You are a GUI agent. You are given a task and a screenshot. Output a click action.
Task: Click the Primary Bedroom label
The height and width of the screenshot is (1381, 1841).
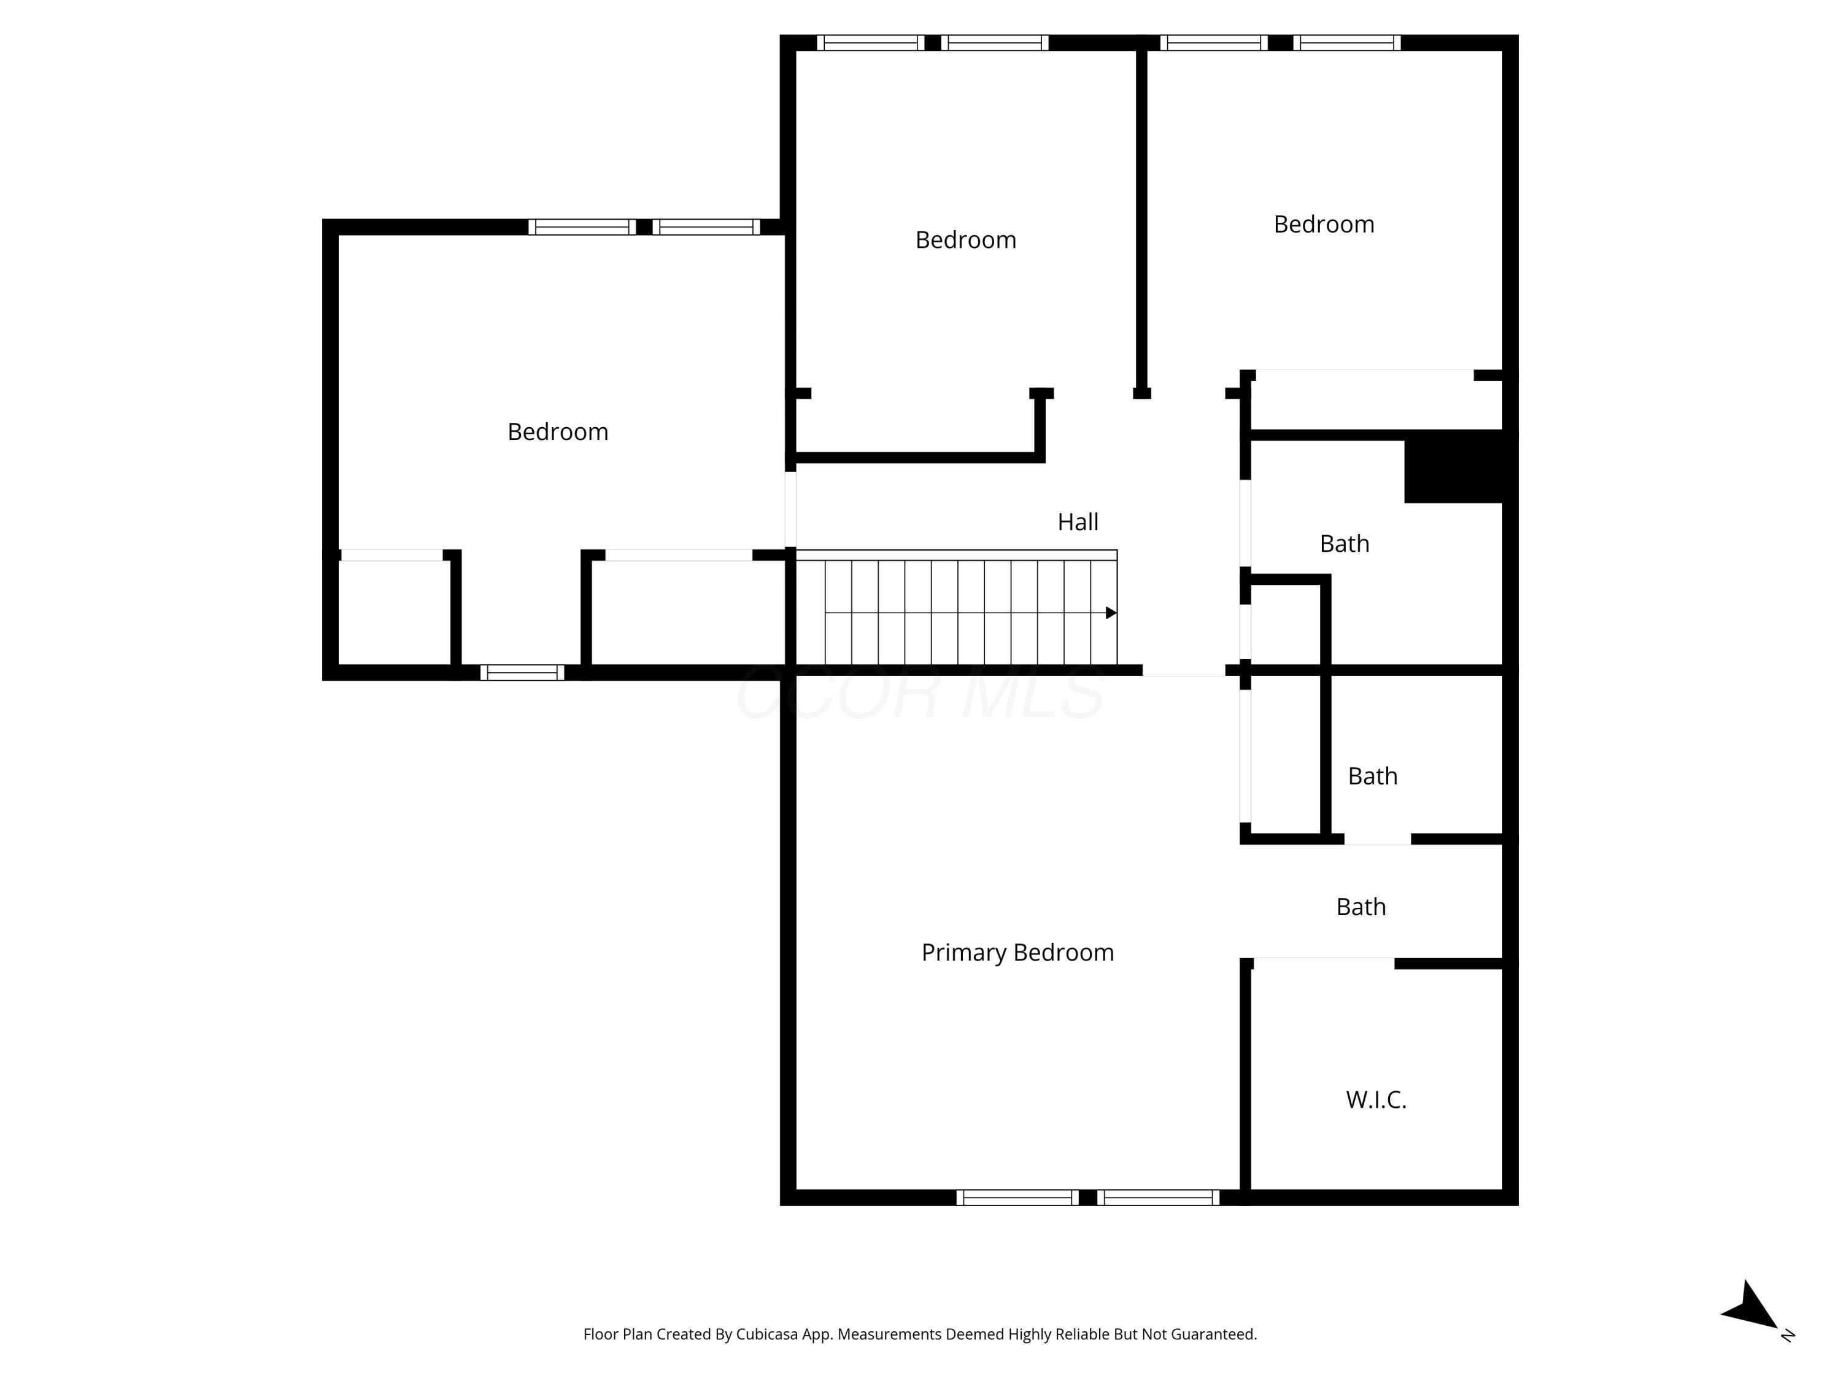coord(1017,953)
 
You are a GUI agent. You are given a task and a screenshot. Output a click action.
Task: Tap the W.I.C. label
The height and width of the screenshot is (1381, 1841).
coord(1376,1100)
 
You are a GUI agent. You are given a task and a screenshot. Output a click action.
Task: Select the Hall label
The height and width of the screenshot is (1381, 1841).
coord(1078,522)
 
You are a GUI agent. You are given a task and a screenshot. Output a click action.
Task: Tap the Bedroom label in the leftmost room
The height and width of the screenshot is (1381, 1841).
coord(558,432)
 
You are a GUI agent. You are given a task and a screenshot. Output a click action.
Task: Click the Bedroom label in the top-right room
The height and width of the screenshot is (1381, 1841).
coord(1323,225)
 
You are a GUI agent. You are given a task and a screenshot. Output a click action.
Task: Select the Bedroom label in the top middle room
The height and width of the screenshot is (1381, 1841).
coord(965,241)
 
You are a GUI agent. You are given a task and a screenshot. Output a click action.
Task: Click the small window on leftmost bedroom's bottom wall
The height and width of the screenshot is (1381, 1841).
coord(522,673)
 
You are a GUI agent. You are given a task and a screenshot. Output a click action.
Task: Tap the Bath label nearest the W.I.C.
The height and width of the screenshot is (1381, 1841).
coord(1360,907)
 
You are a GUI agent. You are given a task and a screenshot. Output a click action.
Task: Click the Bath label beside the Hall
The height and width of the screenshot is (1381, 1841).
coord(1344,544)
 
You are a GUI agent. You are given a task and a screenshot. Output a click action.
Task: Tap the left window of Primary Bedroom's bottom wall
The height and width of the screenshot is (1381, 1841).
coord(1017,1198)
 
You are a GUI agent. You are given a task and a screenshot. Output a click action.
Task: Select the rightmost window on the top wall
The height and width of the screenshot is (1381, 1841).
coord(1346,42)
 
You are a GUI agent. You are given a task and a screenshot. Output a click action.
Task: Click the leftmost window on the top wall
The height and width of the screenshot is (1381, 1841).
coord(870,42)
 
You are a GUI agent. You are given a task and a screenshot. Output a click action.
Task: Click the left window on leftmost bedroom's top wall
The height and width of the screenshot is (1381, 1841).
coord(582,227)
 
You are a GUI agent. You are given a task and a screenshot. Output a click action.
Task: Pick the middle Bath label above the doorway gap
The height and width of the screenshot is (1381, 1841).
coord(1372,776)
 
